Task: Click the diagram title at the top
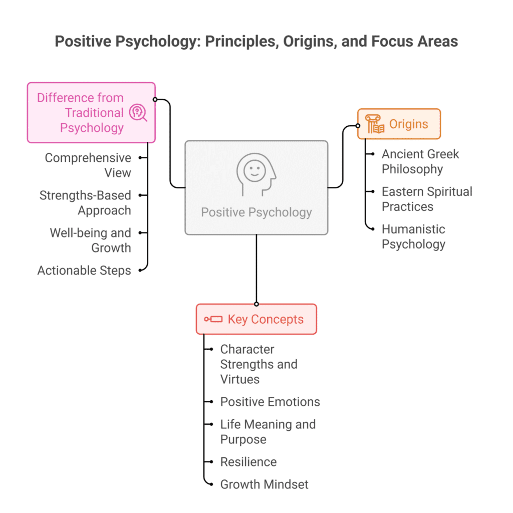pyautogui.click(x=256, y=41)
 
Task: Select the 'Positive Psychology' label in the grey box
pyautogui.click(x=256, y=212)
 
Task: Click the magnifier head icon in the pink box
pyautogui.click(x=138, y=113)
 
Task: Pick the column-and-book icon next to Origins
pyautogui.click(x=375, y=124)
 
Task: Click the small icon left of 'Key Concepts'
pyautogui.click(x=213, y=319)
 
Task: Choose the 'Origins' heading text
pyautogui.click(x=409, y=124)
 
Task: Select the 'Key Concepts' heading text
pyautogui.click(x=266, y=319)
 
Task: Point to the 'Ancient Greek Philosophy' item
pyautogui.click(x=420, y=161)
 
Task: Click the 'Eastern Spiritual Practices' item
pyautogui.click(x=427, y=199)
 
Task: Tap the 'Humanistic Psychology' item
pyautogui.click(x=413, y=236)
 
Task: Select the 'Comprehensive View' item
pyautogui.click(x=88, y=165)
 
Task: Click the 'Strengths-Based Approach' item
pyautogui.click(x=85, y=203)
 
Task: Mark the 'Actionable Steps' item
pyautogui.click(x=84, y=271)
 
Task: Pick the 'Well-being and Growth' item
pyautogui.click(x=90, y=240)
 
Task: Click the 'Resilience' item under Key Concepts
pyautogui.click(x=248, y=462)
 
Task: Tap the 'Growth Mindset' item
pyautogui.click(x=264, y=484)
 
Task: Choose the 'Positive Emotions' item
pyautogui.click(x=270, y=402)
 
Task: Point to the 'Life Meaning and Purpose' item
pyautogui.click(x=268, y=432)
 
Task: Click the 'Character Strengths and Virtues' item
pyautogui.click(x=259, y=364)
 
